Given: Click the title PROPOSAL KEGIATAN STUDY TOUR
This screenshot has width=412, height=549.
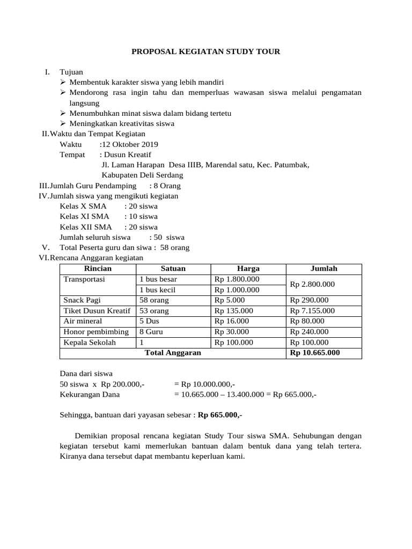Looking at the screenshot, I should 206,51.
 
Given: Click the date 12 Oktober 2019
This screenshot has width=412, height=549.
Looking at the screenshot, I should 130,145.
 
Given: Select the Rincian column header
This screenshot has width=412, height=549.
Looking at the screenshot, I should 98,269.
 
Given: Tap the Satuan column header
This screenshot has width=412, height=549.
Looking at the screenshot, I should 173,269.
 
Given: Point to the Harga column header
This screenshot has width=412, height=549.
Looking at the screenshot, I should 248,269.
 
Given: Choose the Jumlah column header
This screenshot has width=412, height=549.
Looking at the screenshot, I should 324,269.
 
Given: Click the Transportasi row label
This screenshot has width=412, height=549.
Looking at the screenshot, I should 85,279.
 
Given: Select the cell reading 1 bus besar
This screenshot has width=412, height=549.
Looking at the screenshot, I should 158,279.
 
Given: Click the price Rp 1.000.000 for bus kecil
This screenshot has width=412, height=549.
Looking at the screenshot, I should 237,290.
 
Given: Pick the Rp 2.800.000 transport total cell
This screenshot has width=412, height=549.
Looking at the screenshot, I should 312,284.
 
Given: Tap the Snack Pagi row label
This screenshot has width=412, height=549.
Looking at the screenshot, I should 82,300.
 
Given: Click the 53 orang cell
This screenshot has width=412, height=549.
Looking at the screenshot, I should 154,311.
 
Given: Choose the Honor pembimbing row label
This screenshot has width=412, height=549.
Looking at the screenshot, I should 96,332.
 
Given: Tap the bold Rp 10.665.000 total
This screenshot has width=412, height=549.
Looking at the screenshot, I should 314,353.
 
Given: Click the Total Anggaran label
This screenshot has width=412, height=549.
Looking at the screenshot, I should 173,353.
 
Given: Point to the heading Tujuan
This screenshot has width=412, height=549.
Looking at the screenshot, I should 71,72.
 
